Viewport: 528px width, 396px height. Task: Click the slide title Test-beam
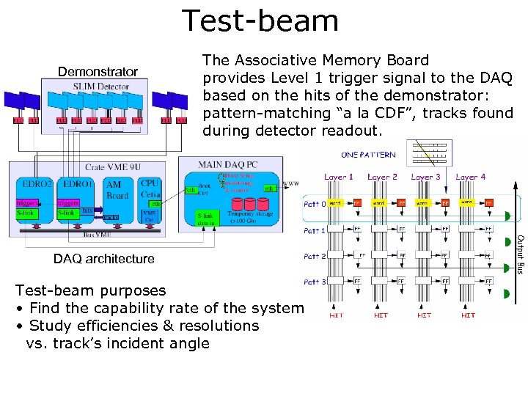260,21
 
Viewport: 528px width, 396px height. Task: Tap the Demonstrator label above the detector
98,71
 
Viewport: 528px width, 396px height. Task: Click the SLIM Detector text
101,87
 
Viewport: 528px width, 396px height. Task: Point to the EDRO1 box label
76,184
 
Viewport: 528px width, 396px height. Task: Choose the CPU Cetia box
150,188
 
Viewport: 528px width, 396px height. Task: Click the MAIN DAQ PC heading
234,164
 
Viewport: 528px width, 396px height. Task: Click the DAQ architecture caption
103,258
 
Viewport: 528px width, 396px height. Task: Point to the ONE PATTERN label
369,155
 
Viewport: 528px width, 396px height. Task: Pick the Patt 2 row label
315,256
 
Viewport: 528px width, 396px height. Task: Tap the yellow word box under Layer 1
336,202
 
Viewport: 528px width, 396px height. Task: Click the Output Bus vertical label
519,253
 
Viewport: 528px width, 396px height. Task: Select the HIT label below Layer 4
468,315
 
